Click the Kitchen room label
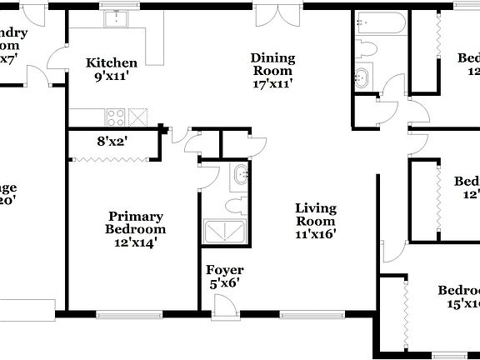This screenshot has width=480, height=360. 112,62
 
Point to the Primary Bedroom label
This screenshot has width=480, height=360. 135,222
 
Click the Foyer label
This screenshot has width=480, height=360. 225,270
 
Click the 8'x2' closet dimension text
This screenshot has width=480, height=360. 111,142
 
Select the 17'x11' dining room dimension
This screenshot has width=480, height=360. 273,85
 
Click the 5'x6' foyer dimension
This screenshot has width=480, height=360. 225,284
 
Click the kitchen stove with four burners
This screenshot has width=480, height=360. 115,116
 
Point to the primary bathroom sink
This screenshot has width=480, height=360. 239,176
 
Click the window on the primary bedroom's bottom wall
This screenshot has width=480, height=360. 129,315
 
